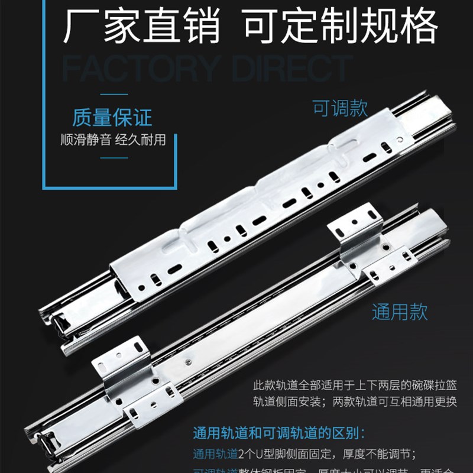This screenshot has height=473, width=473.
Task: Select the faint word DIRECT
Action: tap(292, 69)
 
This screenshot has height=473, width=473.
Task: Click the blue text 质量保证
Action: tap(112, 117)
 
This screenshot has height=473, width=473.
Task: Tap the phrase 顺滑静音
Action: tap(85, 141)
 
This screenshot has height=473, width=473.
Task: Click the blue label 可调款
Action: tap(340, 108)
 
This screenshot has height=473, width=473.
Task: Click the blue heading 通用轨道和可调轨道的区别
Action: tap(279, 432)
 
